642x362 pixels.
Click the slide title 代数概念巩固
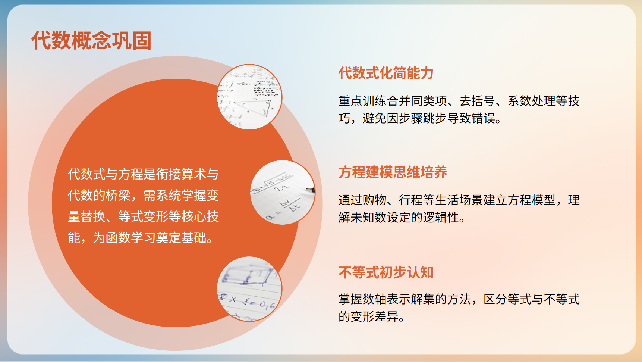91,40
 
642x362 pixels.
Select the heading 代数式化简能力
386,73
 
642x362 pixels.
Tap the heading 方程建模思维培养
393,172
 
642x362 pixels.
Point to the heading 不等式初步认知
386,272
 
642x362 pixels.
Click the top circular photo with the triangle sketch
249,97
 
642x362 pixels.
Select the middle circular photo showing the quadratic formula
283,193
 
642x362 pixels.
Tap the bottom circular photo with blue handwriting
249,289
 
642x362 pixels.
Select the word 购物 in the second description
374,200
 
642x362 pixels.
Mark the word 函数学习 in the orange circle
130,238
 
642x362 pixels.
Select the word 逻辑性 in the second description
441,218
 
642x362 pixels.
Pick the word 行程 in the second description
411,200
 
